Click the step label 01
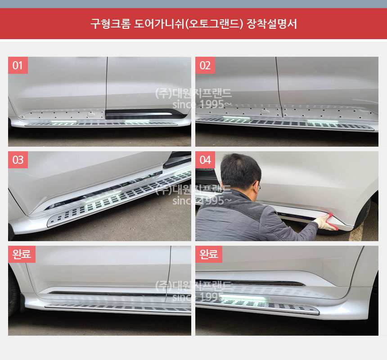point(18,65)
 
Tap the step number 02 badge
point(205,65)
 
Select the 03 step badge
point(18,160)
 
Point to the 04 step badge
point(205,160)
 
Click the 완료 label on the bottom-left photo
point(22,254)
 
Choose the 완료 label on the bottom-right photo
point(209,254)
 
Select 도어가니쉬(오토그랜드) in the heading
point(189,23)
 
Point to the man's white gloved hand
point(323,222)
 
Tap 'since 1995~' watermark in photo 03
point(198,200)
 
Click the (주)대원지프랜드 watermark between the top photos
point(193,93)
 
